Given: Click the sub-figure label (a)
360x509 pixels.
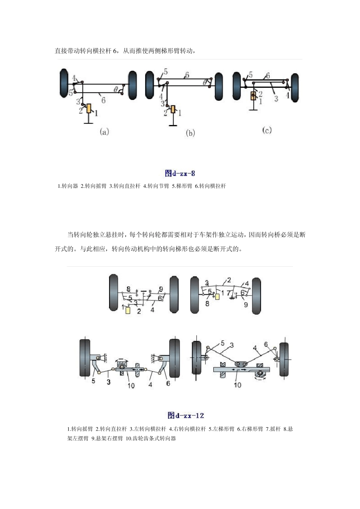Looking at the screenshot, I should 104,132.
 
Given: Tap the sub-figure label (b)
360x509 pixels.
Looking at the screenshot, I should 190,133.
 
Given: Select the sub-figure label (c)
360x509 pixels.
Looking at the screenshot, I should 267,130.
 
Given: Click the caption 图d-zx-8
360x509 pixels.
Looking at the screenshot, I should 180,173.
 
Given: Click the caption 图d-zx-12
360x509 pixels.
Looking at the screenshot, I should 186,415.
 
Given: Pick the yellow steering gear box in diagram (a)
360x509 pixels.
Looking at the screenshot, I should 89,109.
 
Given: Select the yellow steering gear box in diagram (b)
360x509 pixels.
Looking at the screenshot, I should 173,109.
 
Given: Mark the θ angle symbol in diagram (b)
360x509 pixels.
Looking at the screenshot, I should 205,82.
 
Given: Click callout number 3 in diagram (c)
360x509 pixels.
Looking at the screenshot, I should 276,98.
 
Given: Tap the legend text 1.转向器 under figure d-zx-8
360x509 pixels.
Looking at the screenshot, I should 68,186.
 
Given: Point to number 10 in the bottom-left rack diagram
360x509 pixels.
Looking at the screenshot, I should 131,386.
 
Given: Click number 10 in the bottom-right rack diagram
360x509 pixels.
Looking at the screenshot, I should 238,385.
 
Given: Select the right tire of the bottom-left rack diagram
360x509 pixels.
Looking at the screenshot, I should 175,358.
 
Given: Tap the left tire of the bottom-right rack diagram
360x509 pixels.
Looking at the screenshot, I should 197,358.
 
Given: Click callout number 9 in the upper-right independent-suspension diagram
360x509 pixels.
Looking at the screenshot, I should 246,304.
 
